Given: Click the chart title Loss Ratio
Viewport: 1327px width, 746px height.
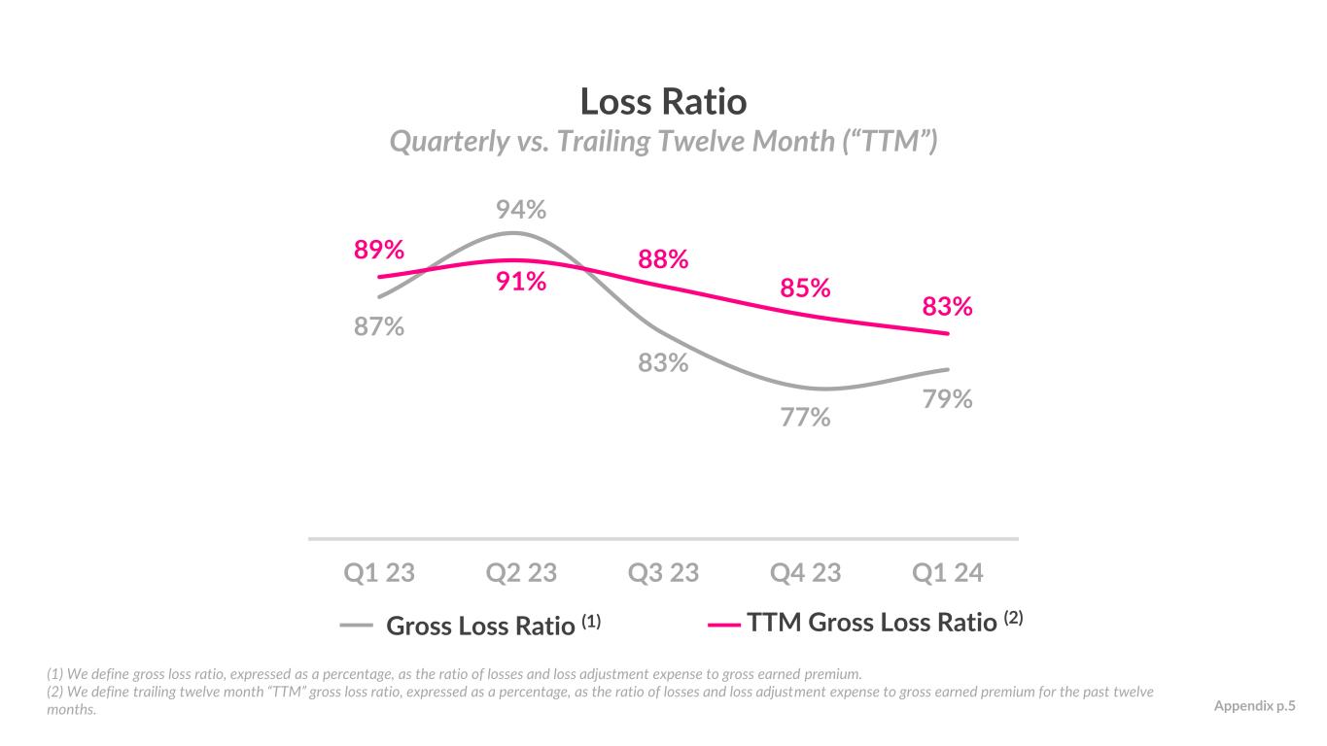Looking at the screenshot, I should coord(663,101).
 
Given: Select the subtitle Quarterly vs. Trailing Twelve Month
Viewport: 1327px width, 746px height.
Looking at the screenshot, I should coord(663,143).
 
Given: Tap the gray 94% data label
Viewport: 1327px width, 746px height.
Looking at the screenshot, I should coord(520,210).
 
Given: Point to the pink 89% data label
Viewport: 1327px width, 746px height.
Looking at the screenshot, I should coord(378,250).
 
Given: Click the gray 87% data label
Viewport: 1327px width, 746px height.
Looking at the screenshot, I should coord(378,326).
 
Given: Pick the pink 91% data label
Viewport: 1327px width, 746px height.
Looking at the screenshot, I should coord(520,282).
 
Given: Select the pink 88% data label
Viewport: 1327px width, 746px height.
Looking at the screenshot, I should coord(663,259).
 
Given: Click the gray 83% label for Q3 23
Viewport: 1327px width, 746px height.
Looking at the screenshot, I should coord(663,362).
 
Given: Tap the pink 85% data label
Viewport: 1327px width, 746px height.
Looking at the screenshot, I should coord(805,288).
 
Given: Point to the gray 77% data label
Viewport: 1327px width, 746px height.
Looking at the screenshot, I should coord(805,418).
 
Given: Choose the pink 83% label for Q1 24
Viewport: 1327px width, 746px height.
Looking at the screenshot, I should coord(947,307).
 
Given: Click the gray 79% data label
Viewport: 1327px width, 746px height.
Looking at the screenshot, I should coord(947,398).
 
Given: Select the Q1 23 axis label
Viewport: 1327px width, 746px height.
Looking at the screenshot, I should coord(379,573).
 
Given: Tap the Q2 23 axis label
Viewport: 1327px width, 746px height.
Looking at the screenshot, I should coord(521,573).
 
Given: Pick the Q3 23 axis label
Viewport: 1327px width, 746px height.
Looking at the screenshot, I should coord(663,573).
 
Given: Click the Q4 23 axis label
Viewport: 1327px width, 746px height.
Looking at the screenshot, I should coord(805,573).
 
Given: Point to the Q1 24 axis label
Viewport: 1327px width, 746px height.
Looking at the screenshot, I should coord(948,573).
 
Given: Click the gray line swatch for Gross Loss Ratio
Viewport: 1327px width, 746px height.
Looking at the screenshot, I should coord(356,626).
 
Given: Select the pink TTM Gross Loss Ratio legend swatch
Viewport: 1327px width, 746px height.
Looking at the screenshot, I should coord(724,626).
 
